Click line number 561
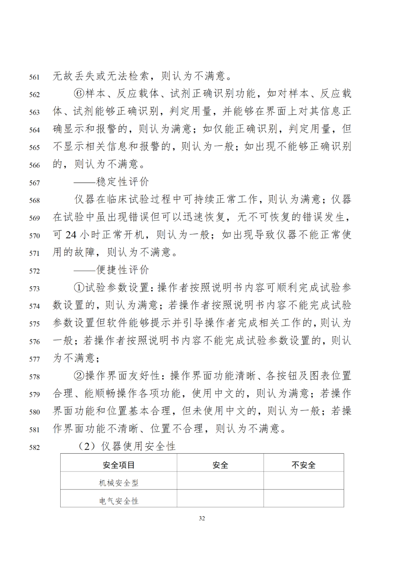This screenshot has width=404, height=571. point(34,77)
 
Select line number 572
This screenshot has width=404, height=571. point(34,271)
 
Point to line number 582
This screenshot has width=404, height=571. point(34,448)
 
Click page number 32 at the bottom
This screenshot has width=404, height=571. point(202,518)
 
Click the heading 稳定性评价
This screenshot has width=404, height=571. point(122,182)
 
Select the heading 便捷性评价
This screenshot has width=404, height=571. point(122,270)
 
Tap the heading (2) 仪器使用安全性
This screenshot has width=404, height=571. point(127,446)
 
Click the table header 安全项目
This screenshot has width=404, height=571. point(119,465)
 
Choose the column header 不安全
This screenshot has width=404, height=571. point(303,465)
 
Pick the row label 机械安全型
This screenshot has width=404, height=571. point(119,483)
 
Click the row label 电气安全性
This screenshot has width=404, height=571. point(119,501)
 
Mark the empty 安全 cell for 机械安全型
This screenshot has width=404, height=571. point(220,481)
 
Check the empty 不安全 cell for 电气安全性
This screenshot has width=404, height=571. point(303,498)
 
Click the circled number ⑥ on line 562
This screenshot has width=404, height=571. point(79,93)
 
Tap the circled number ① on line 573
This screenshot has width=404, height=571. point(79,288)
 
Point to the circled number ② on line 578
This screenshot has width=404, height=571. point(79,376)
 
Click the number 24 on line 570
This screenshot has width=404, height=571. point(71,235)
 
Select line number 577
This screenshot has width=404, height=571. point(34,359)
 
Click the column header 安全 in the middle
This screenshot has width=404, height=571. point(220,465)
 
